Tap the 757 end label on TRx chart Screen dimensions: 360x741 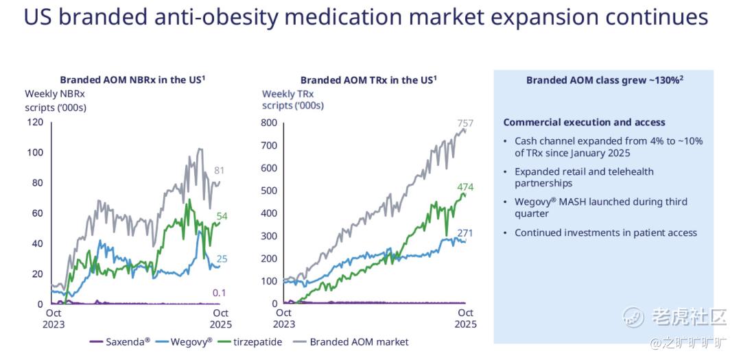tap(465, 123)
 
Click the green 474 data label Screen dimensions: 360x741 tap(465, 187)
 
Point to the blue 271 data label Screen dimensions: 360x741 tap(465, 233)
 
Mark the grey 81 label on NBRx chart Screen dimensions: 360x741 tap(220, 171)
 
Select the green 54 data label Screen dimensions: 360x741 tap(222, 217)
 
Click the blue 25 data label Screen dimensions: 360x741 tap(222, 259)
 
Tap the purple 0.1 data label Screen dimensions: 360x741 tap(220, 293)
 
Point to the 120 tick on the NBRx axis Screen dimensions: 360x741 tap(34, 122)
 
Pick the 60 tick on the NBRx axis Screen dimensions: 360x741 tap(36, 213)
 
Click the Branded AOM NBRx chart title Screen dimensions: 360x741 tap(133, 80)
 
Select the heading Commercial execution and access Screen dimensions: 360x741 tap(584, 123)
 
